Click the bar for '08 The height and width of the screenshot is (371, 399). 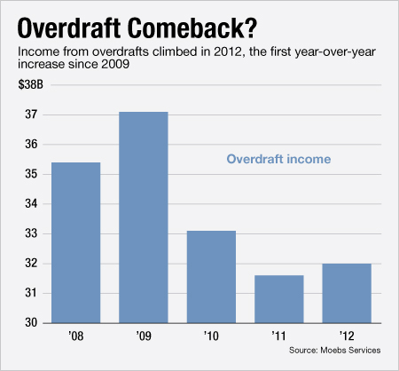point(75,242)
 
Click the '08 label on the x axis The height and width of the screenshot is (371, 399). point(75,337)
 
